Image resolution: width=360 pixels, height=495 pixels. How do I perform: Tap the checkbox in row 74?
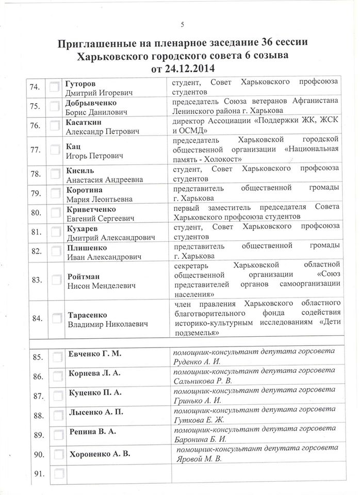[x=54, y=88]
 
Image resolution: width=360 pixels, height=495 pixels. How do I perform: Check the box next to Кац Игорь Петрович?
[x=54, y=150]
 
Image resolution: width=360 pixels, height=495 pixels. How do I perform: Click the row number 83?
[x=37, y=280]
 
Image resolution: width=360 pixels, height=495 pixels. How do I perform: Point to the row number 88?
[x=38, y=415]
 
